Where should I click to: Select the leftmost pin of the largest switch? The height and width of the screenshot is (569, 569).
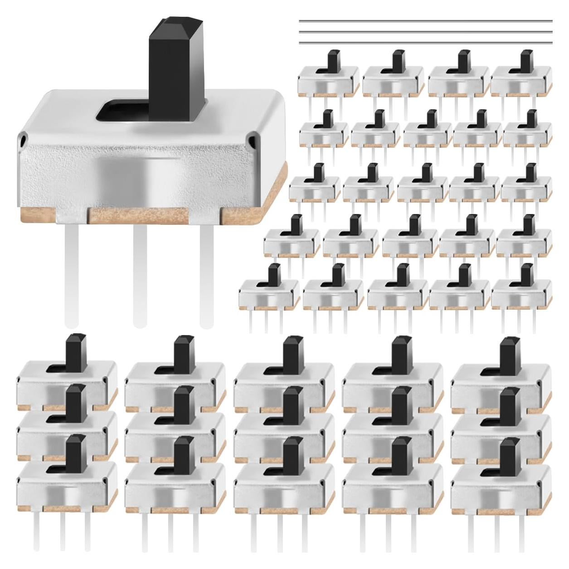pyautogui.click(x=72, y=272)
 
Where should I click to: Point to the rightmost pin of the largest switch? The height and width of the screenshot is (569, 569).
pyautogui.click(x=207, y=272)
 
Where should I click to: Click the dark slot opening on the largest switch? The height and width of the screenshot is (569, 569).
pyautogui.click(x=125, y=112)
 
